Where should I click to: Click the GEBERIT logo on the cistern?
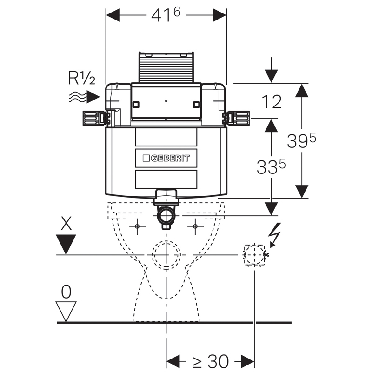pyautogui.click(x=166, y=158)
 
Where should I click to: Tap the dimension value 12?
pyautogui.click(x=272, y=101)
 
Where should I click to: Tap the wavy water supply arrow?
pyautogui.click(x=84, y=97)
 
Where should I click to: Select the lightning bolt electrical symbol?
pyautogui.click(x=276, y=233)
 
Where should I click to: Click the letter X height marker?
pyautogui.click(x=66, y=225)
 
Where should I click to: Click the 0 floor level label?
pyautogui.click(x=66, y=292)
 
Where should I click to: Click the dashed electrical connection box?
pyautogui.click(x=254, y=255)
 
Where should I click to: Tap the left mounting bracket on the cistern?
pyautogui.click(x=94, y=118)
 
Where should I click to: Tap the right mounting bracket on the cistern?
pyautogui.click(x=238, y=118)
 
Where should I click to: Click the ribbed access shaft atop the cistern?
pyautogui.click(x=166, y=67)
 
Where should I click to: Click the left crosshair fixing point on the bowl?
pyautogui.click(x=137, y=226)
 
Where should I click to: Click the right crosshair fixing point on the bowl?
pyautogui.click(x=195, y=226)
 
